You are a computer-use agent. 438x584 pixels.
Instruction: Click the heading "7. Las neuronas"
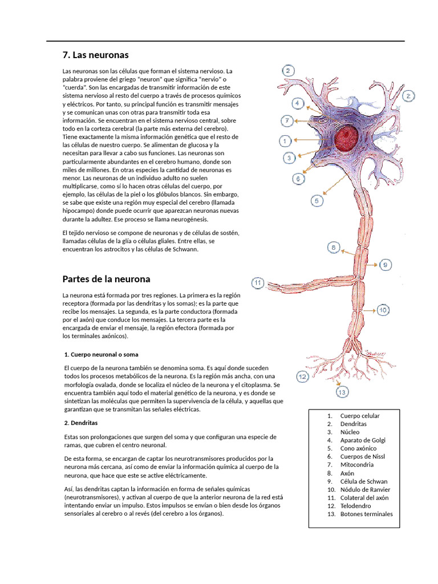(95, 55)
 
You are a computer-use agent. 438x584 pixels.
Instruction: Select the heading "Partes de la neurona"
(106, 279)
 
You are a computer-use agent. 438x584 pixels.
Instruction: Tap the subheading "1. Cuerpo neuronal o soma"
(102, 354)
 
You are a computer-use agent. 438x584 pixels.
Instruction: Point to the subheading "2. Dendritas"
(81, 424)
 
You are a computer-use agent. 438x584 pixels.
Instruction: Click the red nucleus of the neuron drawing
(347, 139)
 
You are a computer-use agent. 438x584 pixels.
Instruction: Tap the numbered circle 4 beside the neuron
(297, 103)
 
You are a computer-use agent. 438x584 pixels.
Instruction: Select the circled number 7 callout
(287, 121)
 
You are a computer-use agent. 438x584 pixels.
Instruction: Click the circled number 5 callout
(317, 200)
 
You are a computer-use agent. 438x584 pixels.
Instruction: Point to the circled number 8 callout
(334, 247)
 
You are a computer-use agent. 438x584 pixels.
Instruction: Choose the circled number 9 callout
(386, 265)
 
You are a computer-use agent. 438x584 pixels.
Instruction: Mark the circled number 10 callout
(382, 310)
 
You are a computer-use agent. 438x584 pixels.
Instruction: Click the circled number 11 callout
(258, 282)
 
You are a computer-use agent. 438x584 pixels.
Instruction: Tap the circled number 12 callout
(302, 376)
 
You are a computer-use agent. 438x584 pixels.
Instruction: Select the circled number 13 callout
(342, 392)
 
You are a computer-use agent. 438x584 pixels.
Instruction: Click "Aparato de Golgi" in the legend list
(362, 440)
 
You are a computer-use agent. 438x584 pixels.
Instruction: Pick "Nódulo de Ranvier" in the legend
(365, 489)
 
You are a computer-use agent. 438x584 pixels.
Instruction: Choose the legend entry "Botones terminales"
(366, 514)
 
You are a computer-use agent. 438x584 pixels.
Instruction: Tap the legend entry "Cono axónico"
(358, 448)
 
